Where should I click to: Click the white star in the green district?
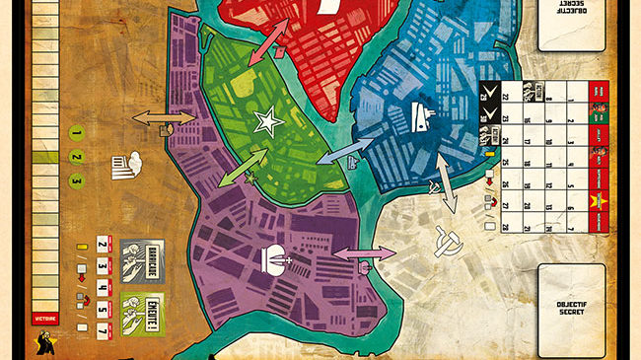tap(266, 121)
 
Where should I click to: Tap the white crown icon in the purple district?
tap(275, 258)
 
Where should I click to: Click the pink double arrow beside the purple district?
tap(364, 254)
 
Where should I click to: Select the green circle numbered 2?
tap(76, 156)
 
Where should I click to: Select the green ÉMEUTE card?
tap(141, 304)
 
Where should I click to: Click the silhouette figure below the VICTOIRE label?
tap(46, 340)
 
